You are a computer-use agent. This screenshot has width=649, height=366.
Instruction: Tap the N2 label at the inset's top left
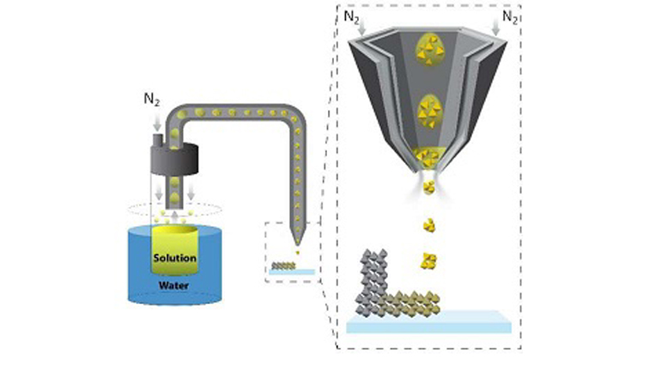350,15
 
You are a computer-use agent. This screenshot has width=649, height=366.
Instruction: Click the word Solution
175,258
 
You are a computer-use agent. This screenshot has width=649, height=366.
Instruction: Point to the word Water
174,281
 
